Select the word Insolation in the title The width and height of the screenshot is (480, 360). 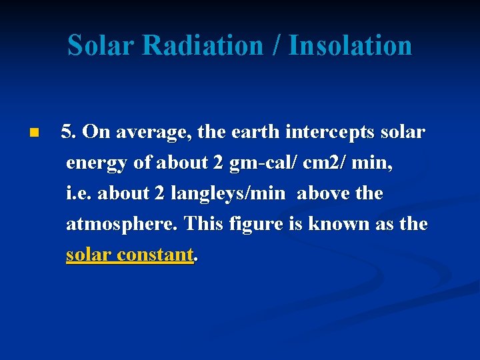(351, 45)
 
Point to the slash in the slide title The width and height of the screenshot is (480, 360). (277, 45)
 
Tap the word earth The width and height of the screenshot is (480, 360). (256, 132)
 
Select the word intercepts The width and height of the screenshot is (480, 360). (330, 133)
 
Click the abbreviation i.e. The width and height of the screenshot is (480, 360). (79, 193)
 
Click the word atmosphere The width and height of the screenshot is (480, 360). (122, 224)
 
